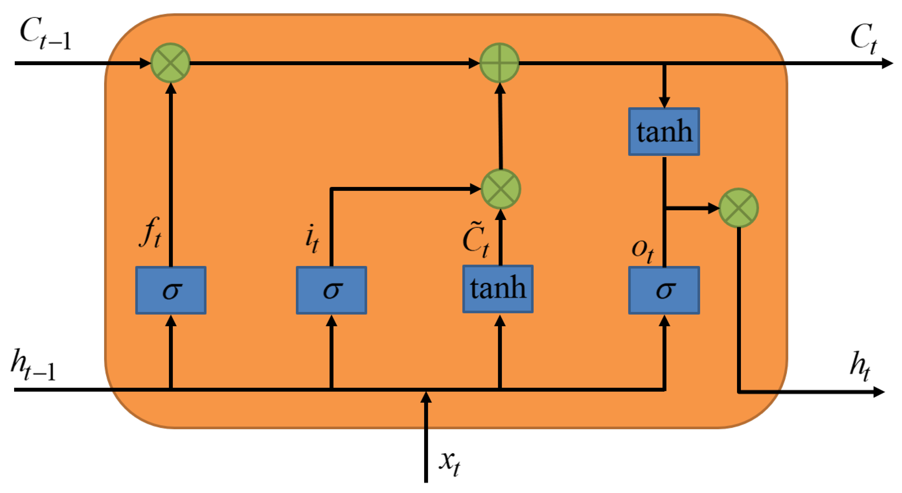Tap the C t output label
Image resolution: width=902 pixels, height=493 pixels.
pyautogui.click(x=863, y=39)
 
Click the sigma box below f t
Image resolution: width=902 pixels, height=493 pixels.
pyautogui.click(x=171, y=290)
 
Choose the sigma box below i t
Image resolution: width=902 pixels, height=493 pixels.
pyautogui.click(x=331, y=290)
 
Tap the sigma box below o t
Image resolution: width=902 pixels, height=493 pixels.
pyautogui.click(x=664, y=290)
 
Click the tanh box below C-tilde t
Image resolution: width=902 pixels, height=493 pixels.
pyautogui.click(x=498, y=289)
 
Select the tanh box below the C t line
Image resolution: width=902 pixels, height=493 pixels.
pyautogui.click(x=664, y=131)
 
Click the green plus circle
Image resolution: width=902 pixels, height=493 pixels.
pyautogui.click(x=499, y=63)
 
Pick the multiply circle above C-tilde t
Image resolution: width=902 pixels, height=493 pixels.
pyautogui.click(x=501, y=189)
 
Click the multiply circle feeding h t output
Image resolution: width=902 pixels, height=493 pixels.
pyautogui.click(x=738, y=208)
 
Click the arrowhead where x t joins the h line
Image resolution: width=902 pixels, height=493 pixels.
pyautogui.click(x=426, y=398)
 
